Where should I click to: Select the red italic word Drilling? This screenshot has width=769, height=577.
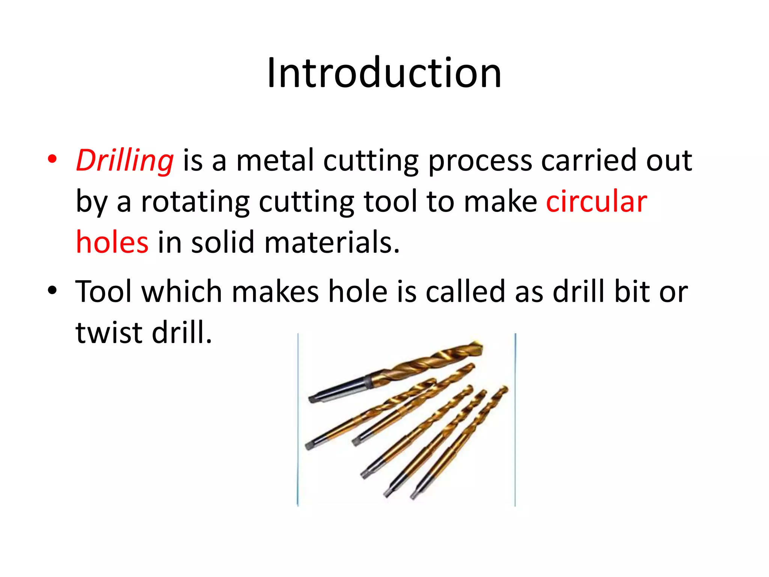click(x=125, y=160)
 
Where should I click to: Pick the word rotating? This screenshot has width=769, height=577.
click(x=195, y=202)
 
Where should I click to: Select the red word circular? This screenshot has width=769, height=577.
click(x=596, y=202)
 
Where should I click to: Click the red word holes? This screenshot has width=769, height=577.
click(x=112, y=242)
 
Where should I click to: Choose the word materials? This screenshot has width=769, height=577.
click(x=332, y=242)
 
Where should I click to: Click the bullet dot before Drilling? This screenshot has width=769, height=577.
click(x=52, y=159)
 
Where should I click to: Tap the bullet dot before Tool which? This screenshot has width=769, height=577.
click(x=52, y=290)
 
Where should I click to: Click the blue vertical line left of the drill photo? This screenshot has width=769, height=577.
click(x=298, y=419)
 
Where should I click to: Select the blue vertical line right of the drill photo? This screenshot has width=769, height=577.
click(x=515, y=419)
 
